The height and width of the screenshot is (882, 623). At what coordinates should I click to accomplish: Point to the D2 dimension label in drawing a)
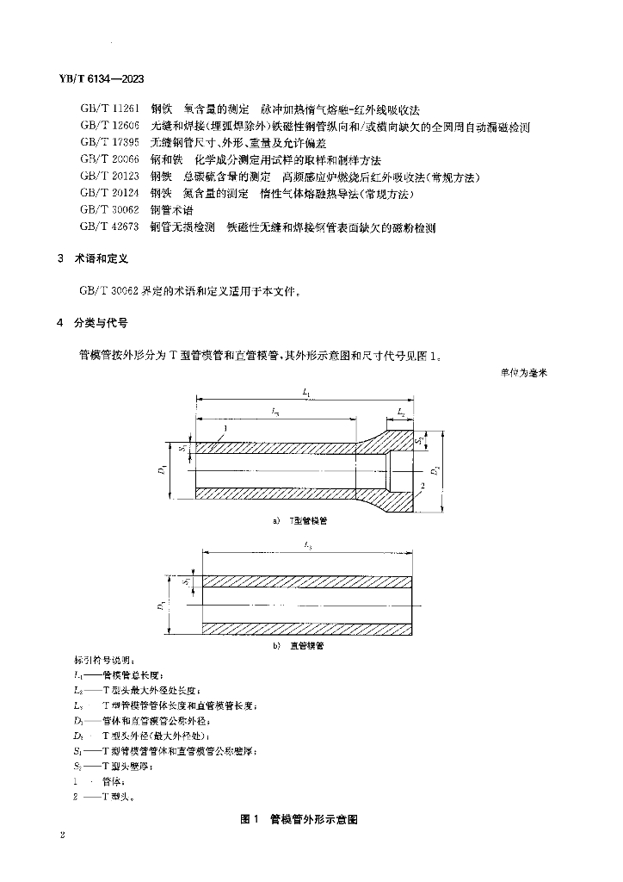point(437,470)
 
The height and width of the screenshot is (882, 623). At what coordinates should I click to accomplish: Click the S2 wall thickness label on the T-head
point(416,443)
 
